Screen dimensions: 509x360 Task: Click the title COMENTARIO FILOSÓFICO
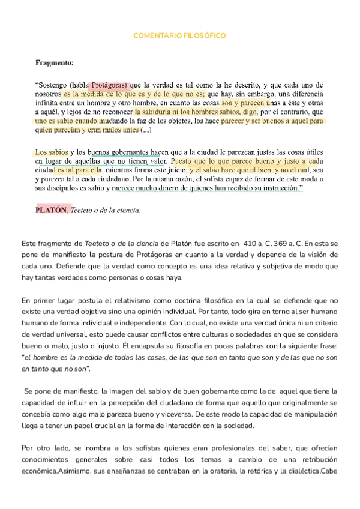179,36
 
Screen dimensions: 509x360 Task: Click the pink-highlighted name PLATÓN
52,210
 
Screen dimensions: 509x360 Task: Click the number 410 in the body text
250,244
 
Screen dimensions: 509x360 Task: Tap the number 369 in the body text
285,244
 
